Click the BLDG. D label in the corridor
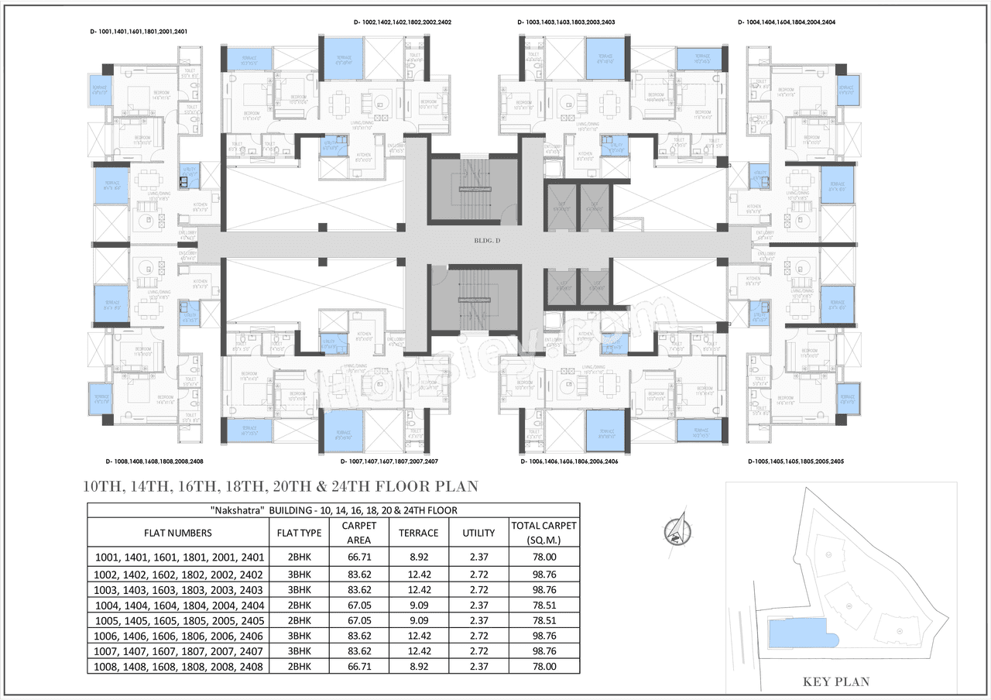coord(488,241)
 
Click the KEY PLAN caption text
coord(835,682)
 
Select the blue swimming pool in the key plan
coord(802,636)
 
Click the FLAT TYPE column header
coord(299,533)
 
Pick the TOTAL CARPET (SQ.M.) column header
coord(543,533)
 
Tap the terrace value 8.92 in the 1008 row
coord(418,667)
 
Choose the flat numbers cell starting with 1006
coord(179,636)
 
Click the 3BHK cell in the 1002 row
coord(299,575)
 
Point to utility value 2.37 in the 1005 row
coord(478,620)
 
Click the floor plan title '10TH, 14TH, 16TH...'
coord(281,487)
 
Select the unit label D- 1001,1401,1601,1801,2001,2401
coord(139,32)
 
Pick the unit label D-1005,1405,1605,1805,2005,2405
coord(795,462)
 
